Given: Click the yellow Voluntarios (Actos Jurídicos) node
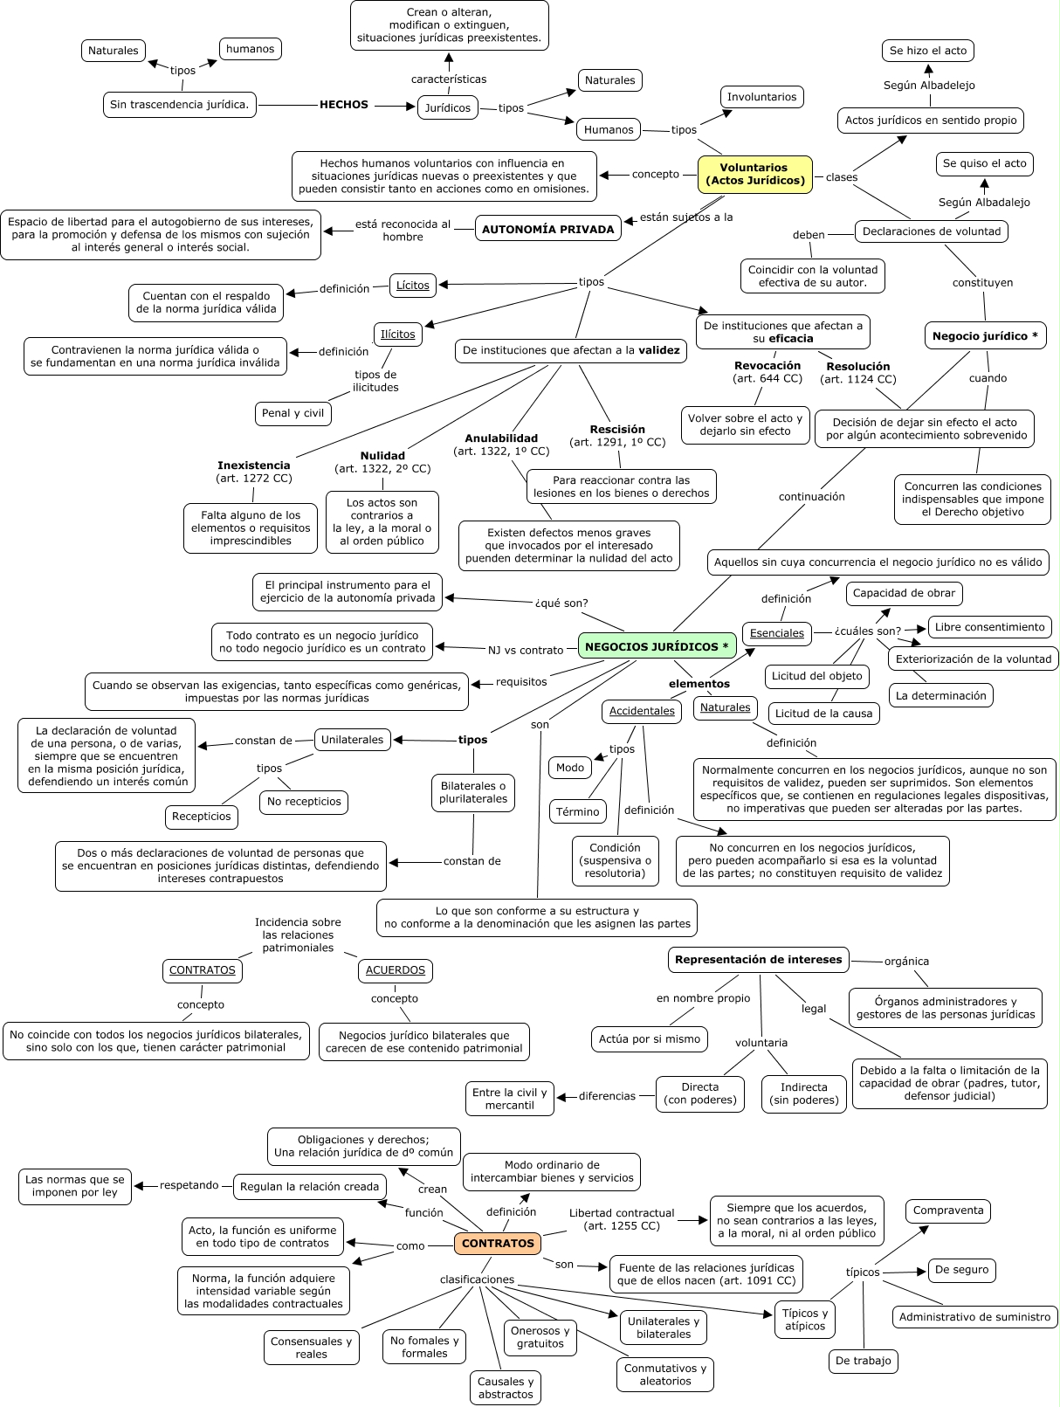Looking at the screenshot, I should [x=754, y=174].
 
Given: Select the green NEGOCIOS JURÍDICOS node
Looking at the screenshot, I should [x=657, y=646].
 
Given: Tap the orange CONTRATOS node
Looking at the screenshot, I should [x=498, y=1243].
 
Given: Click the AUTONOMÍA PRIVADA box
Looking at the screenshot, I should [x=548, y=229].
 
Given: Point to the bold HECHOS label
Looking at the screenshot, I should [x=344, y=105].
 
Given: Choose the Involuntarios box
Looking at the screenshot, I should [x=761, y=97].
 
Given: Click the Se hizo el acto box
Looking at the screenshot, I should [x=928, y=51].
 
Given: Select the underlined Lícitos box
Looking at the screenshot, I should [x=413, y=285].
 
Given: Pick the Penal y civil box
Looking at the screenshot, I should [x=293, y=413].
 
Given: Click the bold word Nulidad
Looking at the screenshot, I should [x=382, y=455].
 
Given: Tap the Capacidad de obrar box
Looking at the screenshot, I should [x=904, y=593].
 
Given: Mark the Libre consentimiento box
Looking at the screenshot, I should [x=989, y=627].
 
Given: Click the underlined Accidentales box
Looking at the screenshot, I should [x=642, y=711].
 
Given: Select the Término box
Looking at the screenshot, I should [x=578, y=811].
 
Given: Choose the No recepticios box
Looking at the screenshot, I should [x=304, y=801].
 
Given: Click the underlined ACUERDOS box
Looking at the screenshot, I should [x=396, y=970].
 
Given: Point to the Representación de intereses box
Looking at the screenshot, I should [x=759, y=959].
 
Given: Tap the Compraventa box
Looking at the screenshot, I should [x=948, y=1210].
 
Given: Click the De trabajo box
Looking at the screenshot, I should [x=864, y=1361].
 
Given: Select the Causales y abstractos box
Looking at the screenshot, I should [x=506, y=1388].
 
